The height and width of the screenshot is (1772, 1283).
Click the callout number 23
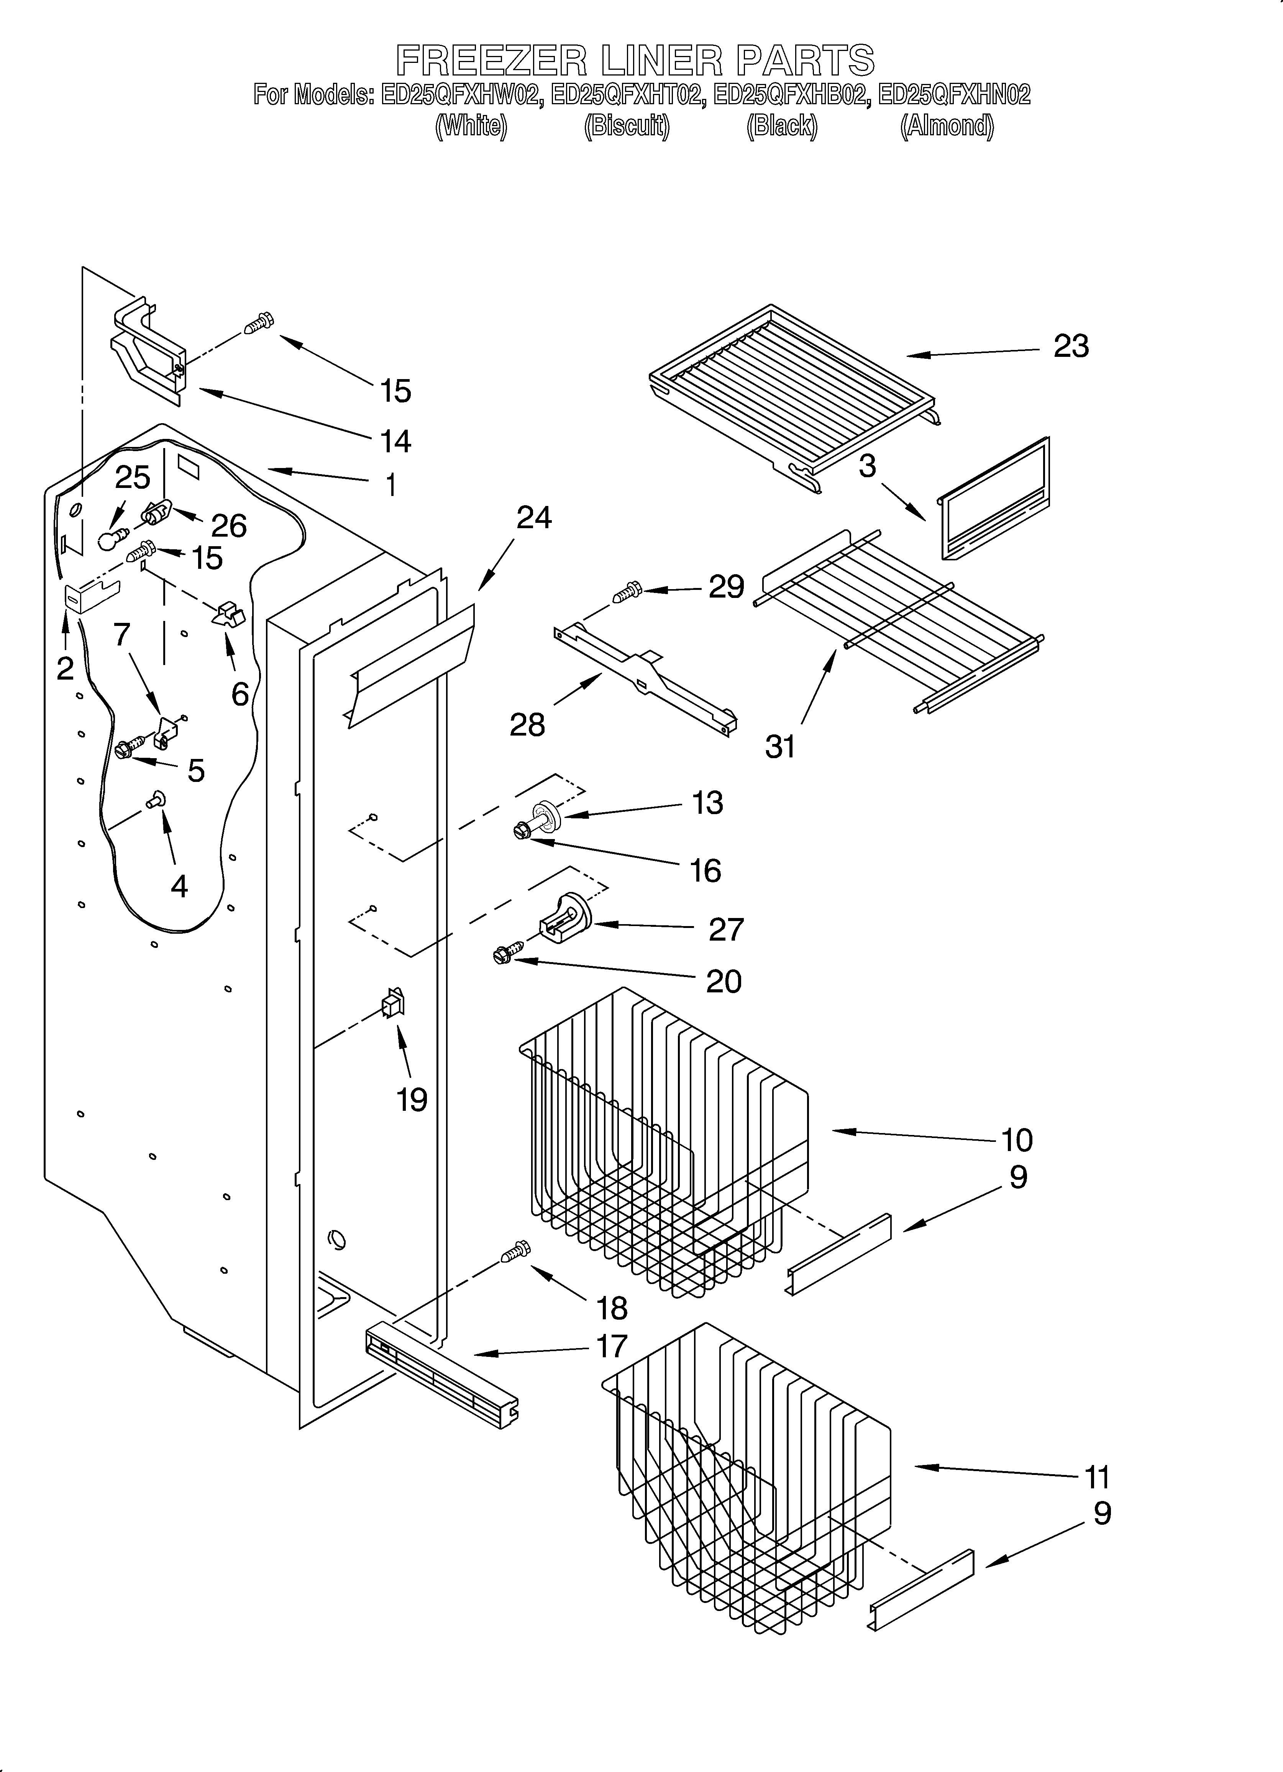click(x=1070, y=346)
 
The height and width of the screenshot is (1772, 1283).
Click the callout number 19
click(x=412, y=1100)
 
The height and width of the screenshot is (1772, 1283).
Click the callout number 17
click(x=612, y=1346)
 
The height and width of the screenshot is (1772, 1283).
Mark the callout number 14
click(x=395, y=442)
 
